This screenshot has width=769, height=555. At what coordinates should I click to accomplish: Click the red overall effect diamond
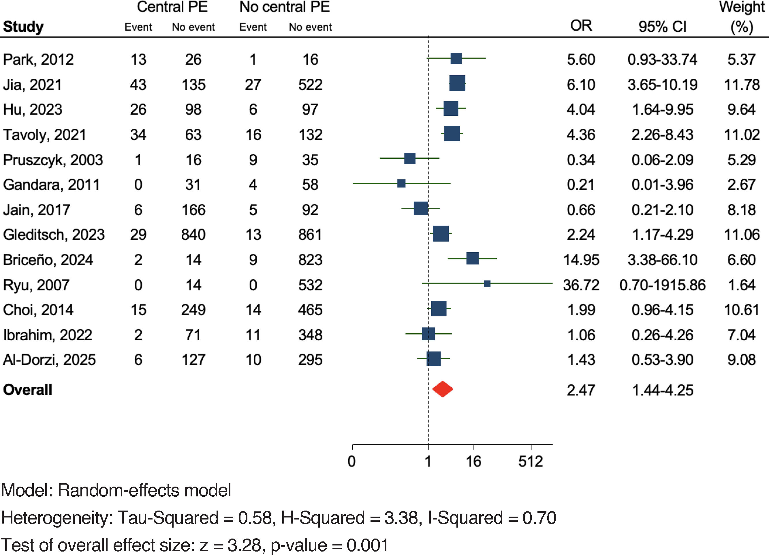(x=443, y=389)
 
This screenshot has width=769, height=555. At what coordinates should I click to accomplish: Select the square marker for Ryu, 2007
(x=487, y=283)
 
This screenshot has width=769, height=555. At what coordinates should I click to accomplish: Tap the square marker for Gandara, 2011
(x=401, y=183)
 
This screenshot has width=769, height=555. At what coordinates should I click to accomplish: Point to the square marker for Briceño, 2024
(x=472, y=258)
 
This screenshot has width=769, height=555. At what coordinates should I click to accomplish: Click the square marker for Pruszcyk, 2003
(x=410, y=158)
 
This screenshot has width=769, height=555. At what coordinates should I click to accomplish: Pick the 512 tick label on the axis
(x=530, y=461)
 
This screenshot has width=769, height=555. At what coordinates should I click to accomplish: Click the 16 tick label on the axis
(x=473, y=461)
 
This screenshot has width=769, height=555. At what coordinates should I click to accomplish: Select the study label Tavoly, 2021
(x=44, y=135)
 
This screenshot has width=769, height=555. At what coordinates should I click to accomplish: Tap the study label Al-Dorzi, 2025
(x=49, y=360)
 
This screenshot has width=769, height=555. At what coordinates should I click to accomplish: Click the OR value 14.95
(x=581, y=260)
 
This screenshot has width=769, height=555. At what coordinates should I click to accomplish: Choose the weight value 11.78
(x=742, y=85)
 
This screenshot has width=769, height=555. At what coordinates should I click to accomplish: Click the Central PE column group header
(x=172, y=7)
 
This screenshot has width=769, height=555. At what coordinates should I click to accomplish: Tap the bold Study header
(x=23, y=27)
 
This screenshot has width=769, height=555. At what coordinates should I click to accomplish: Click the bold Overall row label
(x=27, y=390)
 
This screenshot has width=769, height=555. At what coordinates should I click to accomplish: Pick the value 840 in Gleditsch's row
(x=193, y=235)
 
